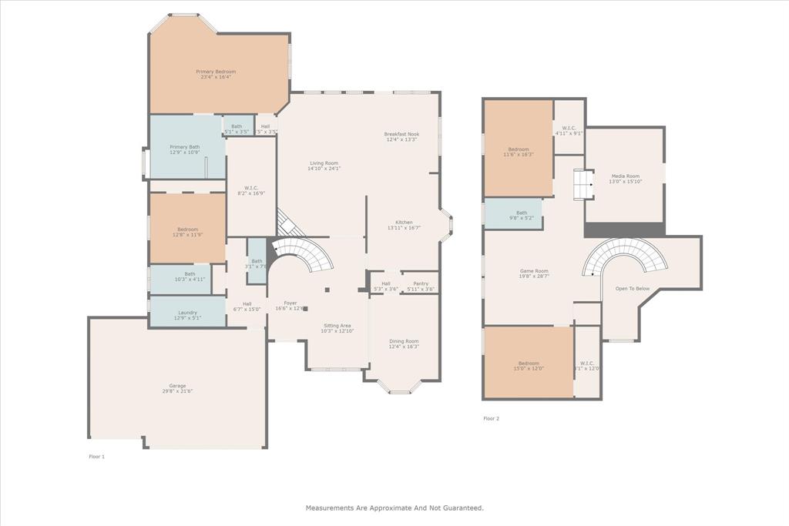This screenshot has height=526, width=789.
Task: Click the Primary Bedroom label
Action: click(x=216, y=72)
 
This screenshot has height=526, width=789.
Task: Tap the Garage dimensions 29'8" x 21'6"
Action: click(x=177, y=391)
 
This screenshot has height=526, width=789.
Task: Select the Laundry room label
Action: click(x=187, y=312)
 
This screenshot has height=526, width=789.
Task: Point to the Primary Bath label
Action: click(x=185, y=146)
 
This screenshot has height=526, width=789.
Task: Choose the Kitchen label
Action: click(x=404, y=222)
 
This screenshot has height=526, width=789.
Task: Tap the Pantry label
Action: click(x=420, y=283)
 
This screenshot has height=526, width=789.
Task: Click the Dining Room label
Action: click(x=404, y=341)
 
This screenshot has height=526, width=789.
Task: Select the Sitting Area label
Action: click(x=336, y=325)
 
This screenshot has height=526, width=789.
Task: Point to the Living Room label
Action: click(x=324, y=162)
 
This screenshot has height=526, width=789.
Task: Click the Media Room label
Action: click(x=625, y=176)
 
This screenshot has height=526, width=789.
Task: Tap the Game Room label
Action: click(x=533, y=270)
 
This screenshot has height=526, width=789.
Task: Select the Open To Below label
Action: click(x=632, y=289)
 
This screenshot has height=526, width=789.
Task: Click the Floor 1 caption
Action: click(x=96, y=457)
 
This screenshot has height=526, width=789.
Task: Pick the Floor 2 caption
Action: click(x=491, y=418)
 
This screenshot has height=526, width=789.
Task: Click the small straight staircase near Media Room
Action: click(x=582, y=185)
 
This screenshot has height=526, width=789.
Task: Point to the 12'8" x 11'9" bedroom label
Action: click(x=187, y=229)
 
